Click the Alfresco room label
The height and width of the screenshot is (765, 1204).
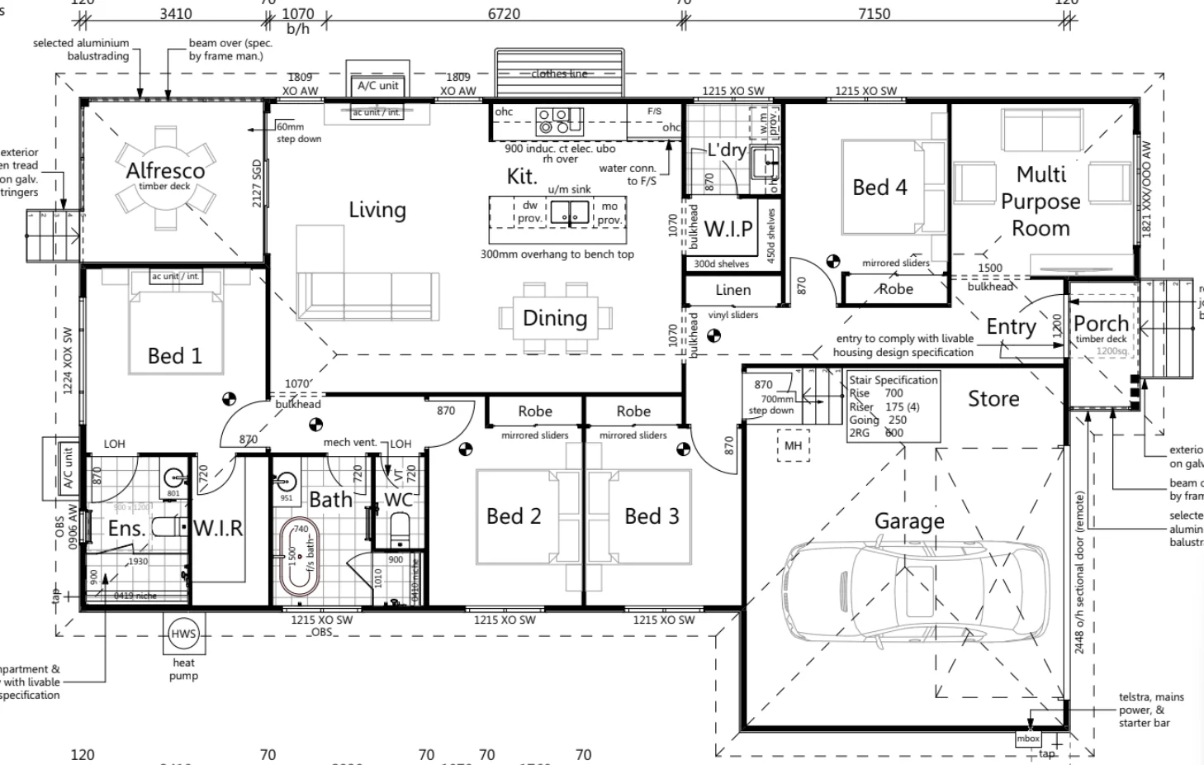[x=165, y=171]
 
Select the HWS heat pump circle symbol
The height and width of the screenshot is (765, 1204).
[x=183, y=634]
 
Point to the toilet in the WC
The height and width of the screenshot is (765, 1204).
[x=399, y=529]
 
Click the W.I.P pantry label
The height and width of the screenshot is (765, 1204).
[x=728, y=229]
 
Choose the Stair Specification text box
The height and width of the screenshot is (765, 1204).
[x=894, y=406]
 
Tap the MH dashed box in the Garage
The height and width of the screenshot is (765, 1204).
[x=793, y=446]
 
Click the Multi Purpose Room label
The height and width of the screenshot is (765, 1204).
[x=1040, y=201]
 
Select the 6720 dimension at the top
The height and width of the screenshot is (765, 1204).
[x=504, y=14]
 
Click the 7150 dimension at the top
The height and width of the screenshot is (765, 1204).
[x=874, y=14]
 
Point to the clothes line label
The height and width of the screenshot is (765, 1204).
[x=559, y=74]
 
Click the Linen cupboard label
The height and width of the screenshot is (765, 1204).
[x=733, y=290]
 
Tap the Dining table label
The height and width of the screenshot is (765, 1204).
[x=555, y=318]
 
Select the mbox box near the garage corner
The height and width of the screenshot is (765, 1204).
[x=1028, y=739]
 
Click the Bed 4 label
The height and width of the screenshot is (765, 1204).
[x=879, y=188]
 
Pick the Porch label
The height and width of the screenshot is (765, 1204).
[x=1101, y=324]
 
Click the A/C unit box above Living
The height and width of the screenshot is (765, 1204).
[x=378, y=86]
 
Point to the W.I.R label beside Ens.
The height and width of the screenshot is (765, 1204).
[x=218, y=529]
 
